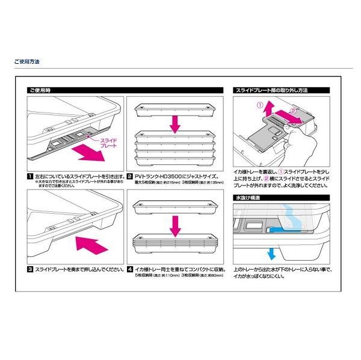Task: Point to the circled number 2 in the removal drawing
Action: (294, 111)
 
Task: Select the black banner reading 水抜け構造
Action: (247, 197)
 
